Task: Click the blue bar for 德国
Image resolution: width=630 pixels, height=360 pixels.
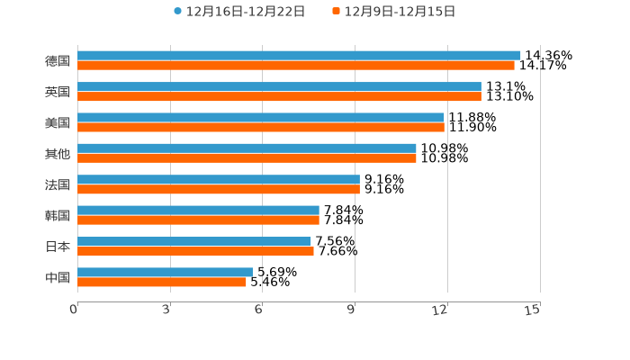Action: coord(299,56)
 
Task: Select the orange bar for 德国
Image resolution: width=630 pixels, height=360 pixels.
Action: coord(296,66)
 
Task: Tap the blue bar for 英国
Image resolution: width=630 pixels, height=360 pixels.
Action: coord(279,86)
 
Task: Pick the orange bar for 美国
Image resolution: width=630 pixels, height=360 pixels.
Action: coord(261,128)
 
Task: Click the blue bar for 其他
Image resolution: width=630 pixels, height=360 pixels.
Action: coord(247,148)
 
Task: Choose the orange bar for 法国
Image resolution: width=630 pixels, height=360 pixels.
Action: coord(219,190)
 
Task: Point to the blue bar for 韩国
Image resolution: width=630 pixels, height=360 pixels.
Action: coord(198,211)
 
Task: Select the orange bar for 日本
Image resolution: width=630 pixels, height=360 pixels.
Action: coord(195,251)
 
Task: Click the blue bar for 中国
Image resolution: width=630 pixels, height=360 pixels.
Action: coord(165,272)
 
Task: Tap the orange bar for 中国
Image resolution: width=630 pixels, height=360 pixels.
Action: coord(162,282)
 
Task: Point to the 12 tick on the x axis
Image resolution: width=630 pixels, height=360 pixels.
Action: coord(440,310)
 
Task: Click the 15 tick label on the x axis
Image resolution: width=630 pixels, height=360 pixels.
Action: coord(533,310)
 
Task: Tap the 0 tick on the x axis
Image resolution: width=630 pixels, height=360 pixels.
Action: coord(74,310)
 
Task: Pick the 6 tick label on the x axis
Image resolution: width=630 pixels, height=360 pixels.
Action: coord(258,310)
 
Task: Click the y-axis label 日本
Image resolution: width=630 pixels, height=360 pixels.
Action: coord(58,247)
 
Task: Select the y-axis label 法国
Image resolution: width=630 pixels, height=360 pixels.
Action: coord(58,184)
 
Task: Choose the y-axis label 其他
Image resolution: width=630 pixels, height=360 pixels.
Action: coord(58,154)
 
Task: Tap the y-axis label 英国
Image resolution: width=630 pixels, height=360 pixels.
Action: coord(58,92)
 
